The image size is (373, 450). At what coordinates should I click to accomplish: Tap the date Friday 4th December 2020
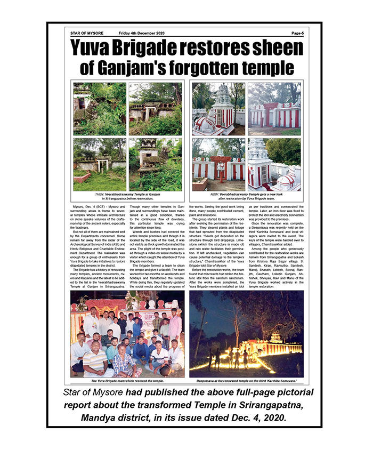pyautogui.click(x=143, y=33)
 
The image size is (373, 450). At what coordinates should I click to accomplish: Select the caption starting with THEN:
pyautogui.click(x=128, y=196)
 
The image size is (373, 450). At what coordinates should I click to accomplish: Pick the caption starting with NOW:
pyautogui.click(x=248, y=196)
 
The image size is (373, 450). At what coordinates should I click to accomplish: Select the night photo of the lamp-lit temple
pyautogui.click(x=246, y=334)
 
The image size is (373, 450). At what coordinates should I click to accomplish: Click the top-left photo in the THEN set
pyautogui.click(x=100, y=109)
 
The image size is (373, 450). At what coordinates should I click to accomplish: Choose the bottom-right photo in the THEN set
pyautogui.click(x=155, y=164)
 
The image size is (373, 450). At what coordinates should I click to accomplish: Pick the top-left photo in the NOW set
pyautogui.click(x=218, y=109)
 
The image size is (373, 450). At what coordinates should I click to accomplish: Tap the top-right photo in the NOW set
pyautogui.click(x=274, y=109)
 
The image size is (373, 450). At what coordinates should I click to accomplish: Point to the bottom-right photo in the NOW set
pyautogui.click(x=274, y=164)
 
